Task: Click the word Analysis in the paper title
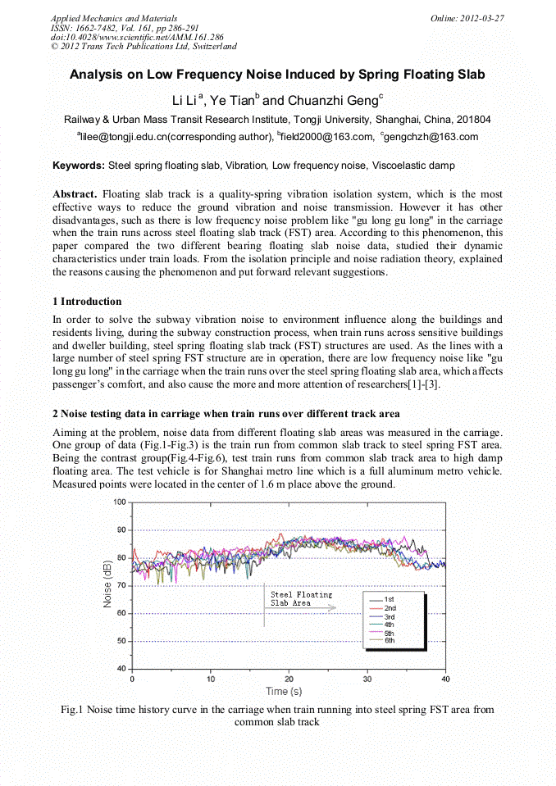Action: [97, 75]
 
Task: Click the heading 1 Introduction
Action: [87, 302]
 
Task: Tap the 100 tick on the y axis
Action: [120, 502]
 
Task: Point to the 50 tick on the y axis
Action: [122, 641]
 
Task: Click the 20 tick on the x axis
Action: [289, 679]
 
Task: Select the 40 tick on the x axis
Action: [445, 679]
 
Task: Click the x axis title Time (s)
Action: [289, 692]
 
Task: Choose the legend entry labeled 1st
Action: [390, 600]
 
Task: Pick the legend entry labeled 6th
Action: [390, 641]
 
